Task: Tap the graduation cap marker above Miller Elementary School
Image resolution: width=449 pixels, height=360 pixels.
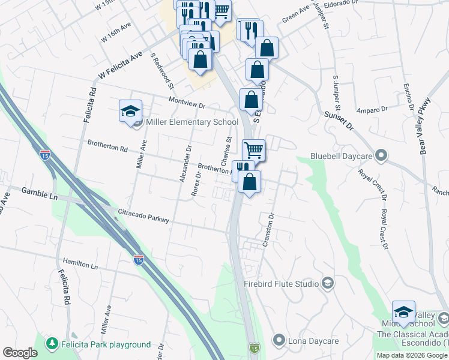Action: pyautogui.click(x=130, y=112)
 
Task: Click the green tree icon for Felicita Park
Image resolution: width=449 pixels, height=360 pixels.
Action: pyautogui.click(x=53, y=344)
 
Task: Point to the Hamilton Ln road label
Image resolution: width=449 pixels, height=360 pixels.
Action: pyautogui.click(x=79, y=264)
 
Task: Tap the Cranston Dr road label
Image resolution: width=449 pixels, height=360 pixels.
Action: pyautogui.click(x=268, y=229)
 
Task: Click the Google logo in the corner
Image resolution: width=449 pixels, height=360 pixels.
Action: pyautogui.click(x=20, y=353)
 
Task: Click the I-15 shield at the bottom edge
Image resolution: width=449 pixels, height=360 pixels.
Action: pyautogui.click(x=255, y=348)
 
